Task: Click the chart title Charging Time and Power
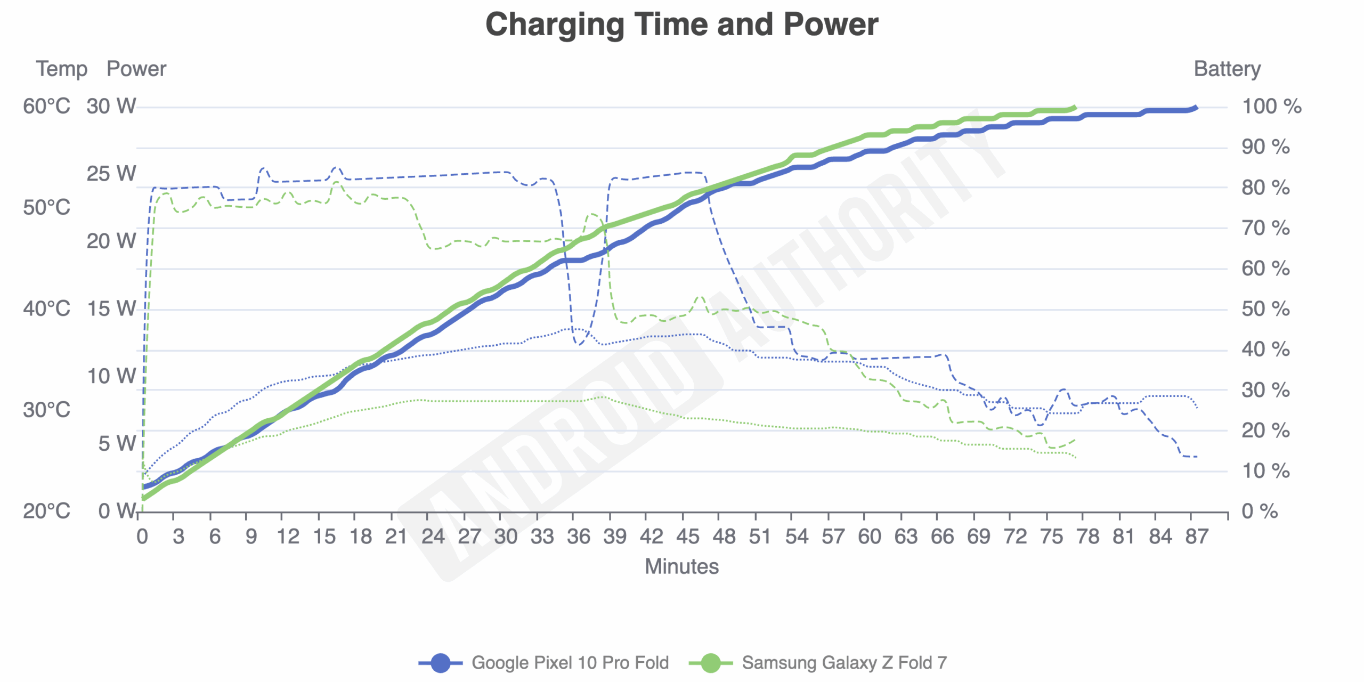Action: coord(681,25)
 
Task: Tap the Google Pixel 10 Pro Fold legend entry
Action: coord(570,662)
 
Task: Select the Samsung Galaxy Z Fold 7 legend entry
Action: coord(844,662)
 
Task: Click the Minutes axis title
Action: coord(681,566)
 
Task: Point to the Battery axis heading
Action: coord(1227,69)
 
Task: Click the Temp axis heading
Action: coord(61,69)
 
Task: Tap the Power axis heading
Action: coord(136,69)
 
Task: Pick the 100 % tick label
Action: coord(1271,107)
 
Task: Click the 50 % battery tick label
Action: coord(1265,309)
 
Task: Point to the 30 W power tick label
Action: coord(111,107)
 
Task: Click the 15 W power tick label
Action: coord(111,309)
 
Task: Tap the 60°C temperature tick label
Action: coord(46,107)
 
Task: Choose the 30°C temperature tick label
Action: coord(46,410)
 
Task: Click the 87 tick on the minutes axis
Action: coord(1197,537)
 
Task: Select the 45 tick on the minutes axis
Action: coord(687,537)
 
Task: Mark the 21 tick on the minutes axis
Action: coord(396,537)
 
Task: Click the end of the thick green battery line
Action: coord(1075,108)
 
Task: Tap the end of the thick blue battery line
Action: coord(1196,108)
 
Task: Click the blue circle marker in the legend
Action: coord(440,663)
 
